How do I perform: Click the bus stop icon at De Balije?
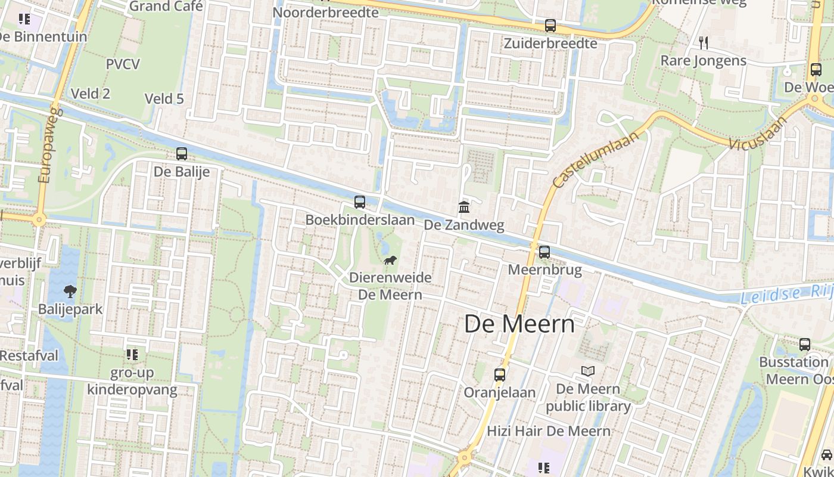tap(182, 154)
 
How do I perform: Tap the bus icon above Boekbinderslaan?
tap(359, 202)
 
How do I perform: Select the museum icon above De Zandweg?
tap(463, 207)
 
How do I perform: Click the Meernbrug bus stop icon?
tap(544, 252)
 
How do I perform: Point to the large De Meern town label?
tap(519, 324)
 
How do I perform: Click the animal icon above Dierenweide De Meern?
tap(390, 260)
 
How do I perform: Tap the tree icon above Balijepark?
tap(70, 292)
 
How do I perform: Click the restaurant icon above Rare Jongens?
tap(704, 42)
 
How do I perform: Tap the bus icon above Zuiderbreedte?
tap(550, 26)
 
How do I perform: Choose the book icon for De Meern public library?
tap(588, 371)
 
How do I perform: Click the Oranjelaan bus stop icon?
tap(499, 375)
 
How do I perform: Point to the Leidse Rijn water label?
tap(786, 294)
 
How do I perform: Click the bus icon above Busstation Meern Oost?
tap(804, 344)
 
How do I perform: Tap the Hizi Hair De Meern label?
tap(549, 431)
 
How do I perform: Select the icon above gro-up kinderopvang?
tap(132, 355)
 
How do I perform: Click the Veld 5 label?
tap(164, 98)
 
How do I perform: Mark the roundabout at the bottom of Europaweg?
tap(39, 220)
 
